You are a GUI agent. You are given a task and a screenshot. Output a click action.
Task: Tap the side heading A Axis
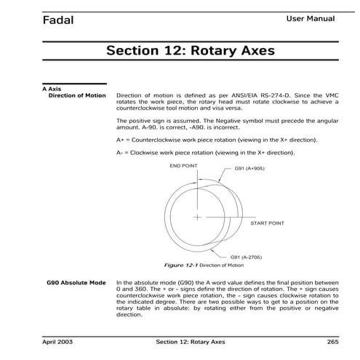[x=51, y=89]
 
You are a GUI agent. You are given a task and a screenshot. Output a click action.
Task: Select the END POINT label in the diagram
[x=184, y=165]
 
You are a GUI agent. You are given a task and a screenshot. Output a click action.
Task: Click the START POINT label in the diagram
[x=267, y=223]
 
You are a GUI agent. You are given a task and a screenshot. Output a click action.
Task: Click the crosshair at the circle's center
[x=197, y=217]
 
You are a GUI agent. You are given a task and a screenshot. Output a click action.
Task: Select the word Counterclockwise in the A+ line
[x=155, y=138]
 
